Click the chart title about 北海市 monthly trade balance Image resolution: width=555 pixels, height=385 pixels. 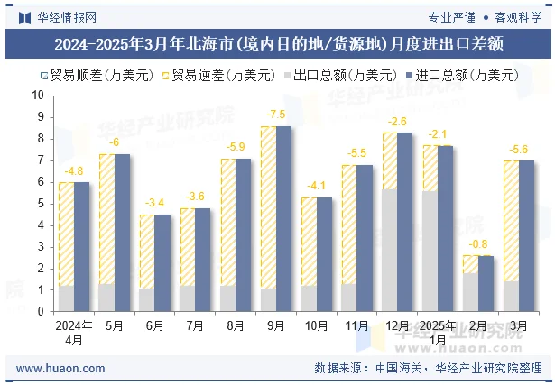278,42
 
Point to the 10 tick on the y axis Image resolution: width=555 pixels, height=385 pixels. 38,95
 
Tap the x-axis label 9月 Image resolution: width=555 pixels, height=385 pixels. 276,325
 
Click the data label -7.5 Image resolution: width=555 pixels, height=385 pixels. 276,115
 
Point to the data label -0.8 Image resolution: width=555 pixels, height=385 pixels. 478,244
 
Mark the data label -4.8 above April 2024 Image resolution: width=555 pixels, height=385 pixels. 74,171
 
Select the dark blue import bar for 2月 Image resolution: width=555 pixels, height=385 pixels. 486,283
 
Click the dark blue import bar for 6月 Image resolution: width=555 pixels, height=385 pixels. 162,262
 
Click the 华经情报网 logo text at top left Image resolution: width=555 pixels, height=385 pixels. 66,16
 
